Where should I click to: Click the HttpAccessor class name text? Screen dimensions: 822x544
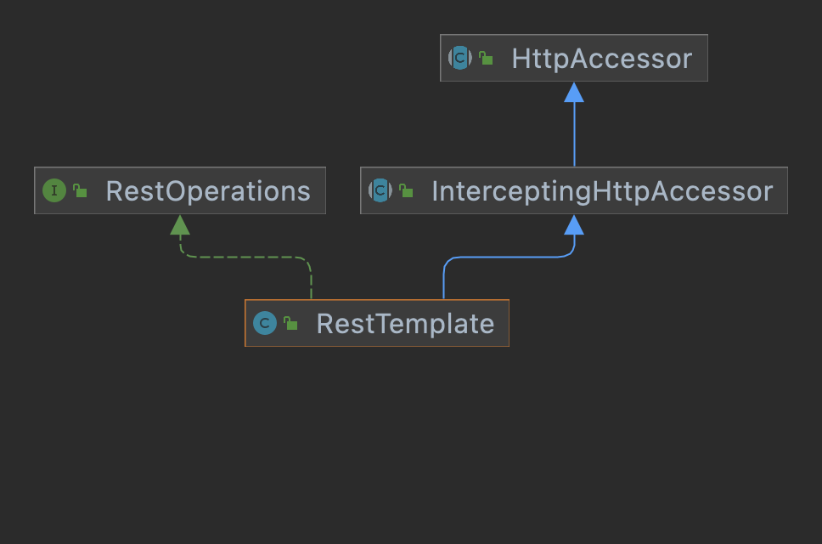pos(601,59)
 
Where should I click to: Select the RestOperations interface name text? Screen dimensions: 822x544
pos(208,191)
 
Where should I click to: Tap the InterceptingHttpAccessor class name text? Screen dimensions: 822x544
pos(602,191)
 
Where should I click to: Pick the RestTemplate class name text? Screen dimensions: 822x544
pos(405,324)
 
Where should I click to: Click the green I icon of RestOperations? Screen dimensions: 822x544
pos(53,190)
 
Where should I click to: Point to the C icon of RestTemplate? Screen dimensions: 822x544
pos(265,323)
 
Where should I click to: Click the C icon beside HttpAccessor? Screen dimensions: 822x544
pos(459,58)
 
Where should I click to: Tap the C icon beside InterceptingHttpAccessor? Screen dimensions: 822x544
pos(380,190)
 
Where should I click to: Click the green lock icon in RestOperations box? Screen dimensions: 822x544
pos(80,191)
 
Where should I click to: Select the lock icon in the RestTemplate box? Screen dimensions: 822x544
pos(290,323)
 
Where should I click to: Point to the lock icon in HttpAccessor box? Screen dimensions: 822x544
pos(486,58)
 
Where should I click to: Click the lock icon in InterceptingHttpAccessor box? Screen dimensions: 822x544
pos(406,191)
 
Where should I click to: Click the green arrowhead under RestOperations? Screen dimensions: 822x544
pos(180,225)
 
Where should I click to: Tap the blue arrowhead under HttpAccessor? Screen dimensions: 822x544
pos(574,93)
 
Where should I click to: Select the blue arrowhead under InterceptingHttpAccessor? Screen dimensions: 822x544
pos(574,225)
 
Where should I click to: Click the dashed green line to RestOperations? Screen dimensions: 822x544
pos(246,256)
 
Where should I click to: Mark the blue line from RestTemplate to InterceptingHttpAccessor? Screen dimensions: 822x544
pos(510,256)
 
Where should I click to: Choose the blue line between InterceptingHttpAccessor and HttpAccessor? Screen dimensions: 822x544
pos(574,136)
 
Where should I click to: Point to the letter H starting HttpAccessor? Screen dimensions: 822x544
pos(521,59)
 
